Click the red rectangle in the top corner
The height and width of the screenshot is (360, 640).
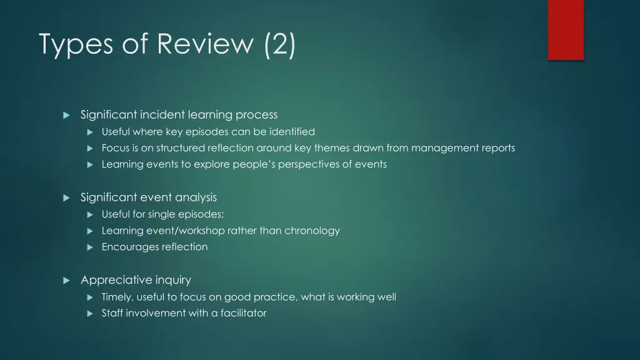pyautogui.click(x=566, y=29)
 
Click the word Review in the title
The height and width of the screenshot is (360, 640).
pyautogui.click(x=206, y=44)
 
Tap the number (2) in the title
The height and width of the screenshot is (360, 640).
pyautogui.click(x=280, y=44)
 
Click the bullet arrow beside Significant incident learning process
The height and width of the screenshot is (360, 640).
pyautogui.click(x=66, y=115)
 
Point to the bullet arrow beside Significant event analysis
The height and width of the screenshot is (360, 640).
pyautogui.click(x=66, y=197)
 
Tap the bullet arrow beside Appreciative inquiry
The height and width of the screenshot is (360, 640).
pyautogui.click(x=66, y=281)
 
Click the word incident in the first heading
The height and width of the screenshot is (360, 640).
pyautogui.click(x=159, y=114)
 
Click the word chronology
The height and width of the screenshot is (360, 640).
pyautogui.click(x=312, y=231)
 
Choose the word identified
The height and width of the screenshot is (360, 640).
pyautogui.click(x=292, y=131)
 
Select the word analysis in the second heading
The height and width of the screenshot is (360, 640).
pyautogui.click(x=196, y=197)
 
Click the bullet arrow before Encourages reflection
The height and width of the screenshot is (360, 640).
pyautogui.click(x=89, y=247)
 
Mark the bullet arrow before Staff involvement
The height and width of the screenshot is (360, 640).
pyautogui.click(x=89, y=313)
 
